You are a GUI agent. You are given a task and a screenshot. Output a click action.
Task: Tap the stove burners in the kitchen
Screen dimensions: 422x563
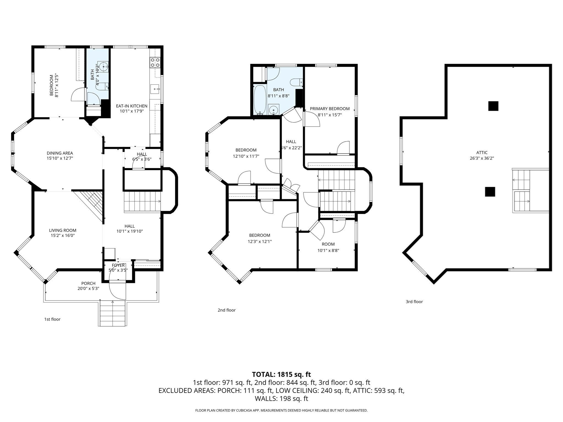pos(155,63)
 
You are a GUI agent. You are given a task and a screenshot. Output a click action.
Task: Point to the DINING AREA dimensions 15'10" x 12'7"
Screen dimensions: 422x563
pos(60,158)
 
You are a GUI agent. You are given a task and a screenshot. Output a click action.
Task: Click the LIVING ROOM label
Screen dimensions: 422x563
pos(63,230)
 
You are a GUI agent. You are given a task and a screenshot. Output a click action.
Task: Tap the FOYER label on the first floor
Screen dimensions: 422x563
pos(118,265)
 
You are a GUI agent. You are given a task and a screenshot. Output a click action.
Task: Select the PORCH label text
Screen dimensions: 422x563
pos(88,283)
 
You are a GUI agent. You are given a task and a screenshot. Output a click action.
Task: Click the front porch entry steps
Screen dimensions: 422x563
pos(112,313)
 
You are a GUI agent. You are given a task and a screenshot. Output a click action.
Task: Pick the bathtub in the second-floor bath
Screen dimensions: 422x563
pos(260,99)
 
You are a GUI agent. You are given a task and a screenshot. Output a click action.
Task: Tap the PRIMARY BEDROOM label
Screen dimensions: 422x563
pos(330,109)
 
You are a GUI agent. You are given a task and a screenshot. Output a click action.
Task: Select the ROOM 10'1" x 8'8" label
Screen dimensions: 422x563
pos(328,247)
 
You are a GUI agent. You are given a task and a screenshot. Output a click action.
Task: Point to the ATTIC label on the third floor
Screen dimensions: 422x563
pos(482,152)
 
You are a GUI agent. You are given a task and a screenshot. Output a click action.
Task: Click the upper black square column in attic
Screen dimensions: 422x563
pos(493,106)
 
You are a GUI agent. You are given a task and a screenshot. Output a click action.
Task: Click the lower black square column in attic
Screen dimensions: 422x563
pos(490,192)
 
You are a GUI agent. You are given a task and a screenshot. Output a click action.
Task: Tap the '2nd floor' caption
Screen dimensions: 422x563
pos(227,310)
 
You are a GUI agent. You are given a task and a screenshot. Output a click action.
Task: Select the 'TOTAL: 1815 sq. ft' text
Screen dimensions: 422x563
pos(281,374)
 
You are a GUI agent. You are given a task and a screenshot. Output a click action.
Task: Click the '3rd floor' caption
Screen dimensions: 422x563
pos(414,302)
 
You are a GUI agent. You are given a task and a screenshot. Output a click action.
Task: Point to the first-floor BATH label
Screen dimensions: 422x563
pos(92,74)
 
